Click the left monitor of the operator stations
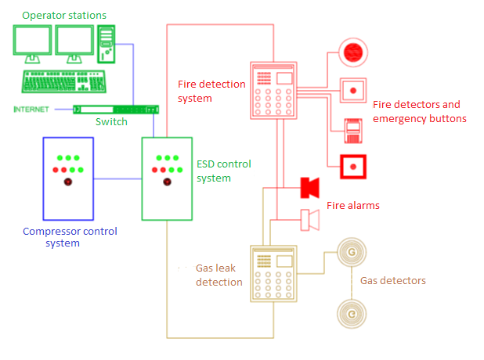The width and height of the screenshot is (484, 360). tap(32, 42)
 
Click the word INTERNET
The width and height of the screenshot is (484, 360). tap(31, 109)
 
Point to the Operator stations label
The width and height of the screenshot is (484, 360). tap(64, 16)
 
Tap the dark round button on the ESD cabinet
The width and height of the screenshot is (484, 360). tap(166, 182)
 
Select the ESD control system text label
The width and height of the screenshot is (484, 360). tap(225, 171)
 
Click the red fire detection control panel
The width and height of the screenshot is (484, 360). tap(274, 91)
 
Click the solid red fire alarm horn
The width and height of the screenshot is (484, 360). tap(310, 188)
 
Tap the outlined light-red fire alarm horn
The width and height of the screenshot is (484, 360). tap(310, 220)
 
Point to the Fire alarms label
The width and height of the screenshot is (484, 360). tap(353, 206)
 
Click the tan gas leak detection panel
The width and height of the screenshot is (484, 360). tap(274, 274)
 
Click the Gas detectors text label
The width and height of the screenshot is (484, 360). tap(392, 280)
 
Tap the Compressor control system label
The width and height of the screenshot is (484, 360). tap(70, 237)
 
